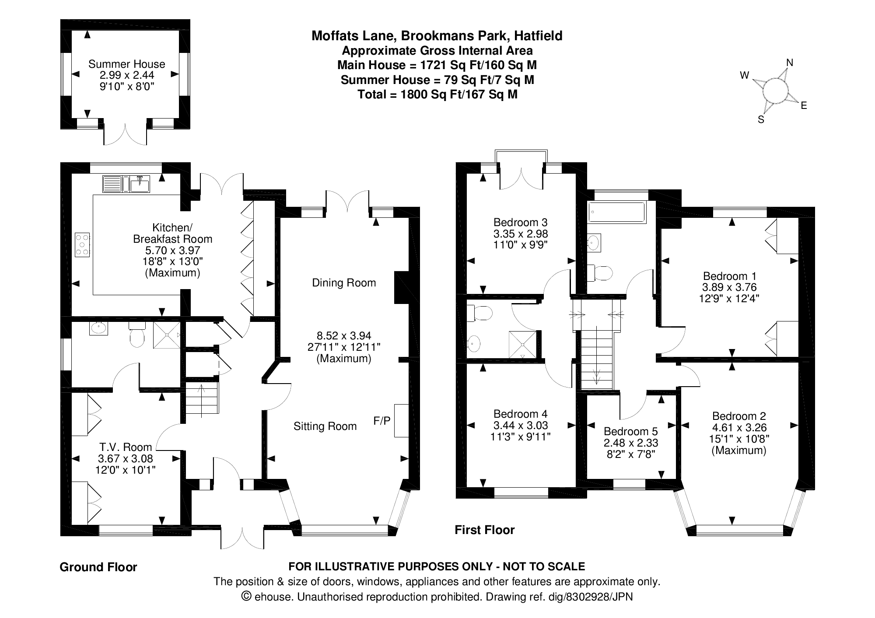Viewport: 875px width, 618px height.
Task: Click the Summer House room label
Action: [x=126, y=64]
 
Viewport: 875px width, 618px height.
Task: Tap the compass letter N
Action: [x=789, y=63]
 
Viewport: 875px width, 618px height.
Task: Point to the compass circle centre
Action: [x=775, y=91]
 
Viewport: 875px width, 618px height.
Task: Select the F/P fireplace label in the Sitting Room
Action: [x=381, y=421]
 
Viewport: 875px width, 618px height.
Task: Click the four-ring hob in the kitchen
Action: [x=82, y=244]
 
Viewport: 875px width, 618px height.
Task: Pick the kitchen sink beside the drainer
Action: [x=140, y=184]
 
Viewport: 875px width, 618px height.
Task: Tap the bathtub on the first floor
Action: [x=617, y=213]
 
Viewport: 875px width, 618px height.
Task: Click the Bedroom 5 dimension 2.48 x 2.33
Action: [x=630, y=443]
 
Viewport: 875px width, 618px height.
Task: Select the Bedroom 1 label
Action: [x=729, y=276]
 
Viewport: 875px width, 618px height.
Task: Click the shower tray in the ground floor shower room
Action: [x=166, y=335]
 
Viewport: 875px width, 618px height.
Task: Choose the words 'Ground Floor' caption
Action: [x=98, y=567]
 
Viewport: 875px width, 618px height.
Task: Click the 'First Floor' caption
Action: [x=484, y=530]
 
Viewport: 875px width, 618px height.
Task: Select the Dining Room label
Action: [x=344, y=283]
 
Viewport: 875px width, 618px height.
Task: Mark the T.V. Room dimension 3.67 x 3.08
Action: [x=126, y=458]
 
